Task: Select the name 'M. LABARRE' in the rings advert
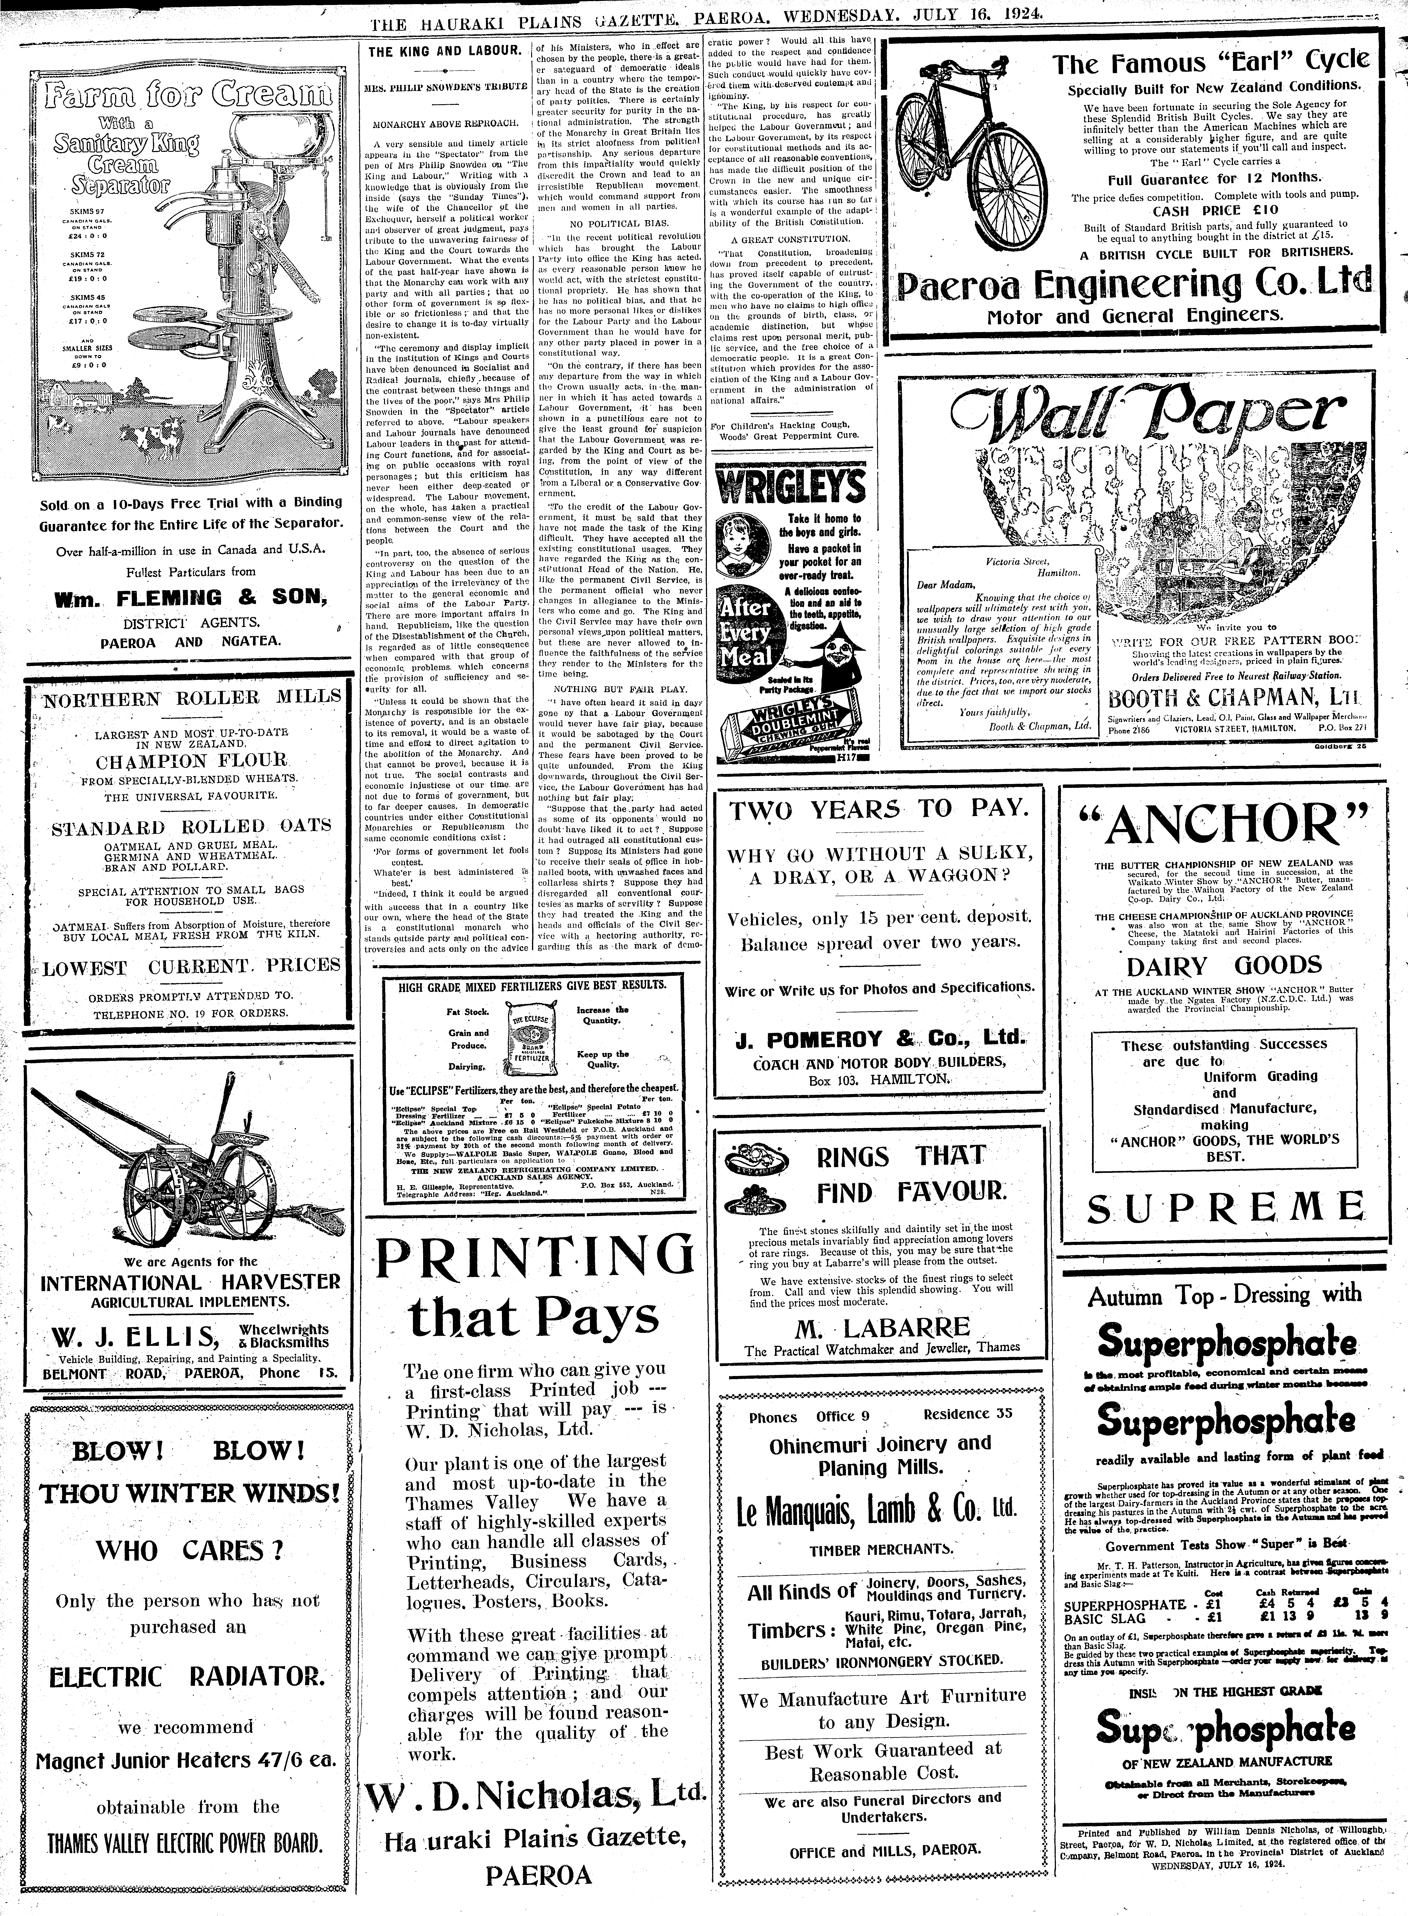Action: [882, 1327]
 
